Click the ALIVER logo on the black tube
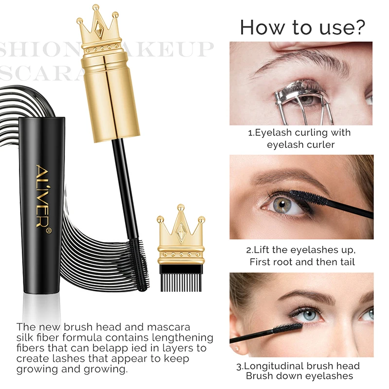pos(41,192)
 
